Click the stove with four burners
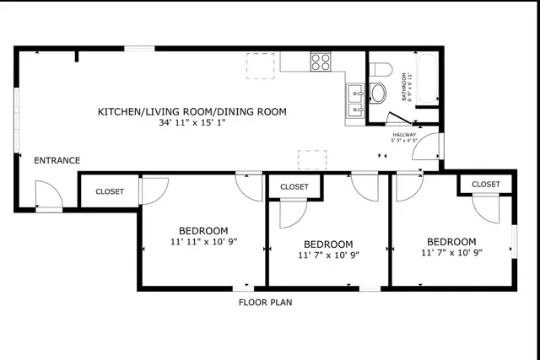pos(321,62)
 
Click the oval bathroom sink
pos(378,92)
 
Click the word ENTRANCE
pos(57,160)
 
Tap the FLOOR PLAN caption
pos(266,302)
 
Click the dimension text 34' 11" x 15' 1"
pos(192,123)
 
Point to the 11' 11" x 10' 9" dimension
pos(203,242)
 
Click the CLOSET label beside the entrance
pos(110,191)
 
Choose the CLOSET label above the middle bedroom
pos(294,186)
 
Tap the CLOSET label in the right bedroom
pos(486,184)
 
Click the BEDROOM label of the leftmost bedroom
pos(203,231)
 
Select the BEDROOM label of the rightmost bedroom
pos(451,241)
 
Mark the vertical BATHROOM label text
pos(405,84)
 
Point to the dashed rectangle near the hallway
pos(312,159)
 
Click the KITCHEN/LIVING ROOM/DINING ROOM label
pos(192,111)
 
